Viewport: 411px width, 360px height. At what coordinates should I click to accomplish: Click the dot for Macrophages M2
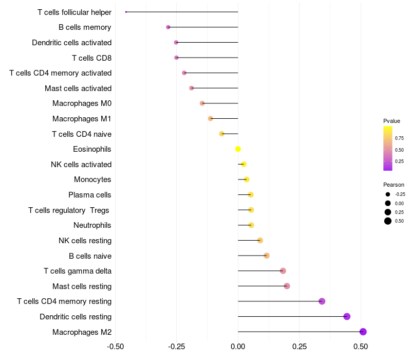pos(363,332)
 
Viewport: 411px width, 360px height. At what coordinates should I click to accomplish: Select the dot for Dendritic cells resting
pos(347,316)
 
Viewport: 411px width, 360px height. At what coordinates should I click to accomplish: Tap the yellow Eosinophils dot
pos(238,149)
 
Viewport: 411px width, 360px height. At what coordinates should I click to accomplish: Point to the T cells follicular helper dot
pos(126,12)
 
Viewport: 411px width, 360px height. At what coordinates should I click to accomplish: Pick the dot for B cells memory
pos(168,27)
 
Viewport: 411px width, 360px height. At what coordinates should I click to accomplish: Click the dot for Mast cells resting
pos(287,286)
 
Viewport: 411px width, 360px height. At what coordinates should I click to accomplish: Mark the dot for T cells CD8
pos(177,58)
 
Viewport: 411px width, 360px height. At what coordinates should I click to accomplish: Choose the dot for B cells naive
pos(267,256)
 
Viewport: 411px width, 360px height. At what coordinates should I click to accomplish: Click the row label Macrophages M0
pos(82,103)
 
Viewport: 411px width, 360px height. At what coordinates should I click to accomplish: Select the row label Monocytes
pos(92,179)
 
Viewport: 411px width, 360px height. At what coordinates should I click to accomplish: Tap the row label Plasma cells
pos(90,195)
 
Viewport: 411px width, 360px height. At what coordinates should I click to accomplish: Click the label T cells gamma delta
pos(78,271)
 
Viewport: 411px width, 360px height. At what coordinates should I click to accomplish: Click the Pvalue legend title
pos(391,121)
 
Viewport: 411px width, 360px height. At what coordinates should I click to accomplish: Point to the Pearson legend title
pos(394,185)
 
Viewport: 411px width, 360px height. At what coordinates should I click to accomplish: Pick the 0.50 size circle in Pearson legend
pos(388,221)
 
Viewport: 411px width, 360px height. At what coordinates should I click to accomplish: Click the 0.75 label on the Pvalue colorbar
pos(399,138)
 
